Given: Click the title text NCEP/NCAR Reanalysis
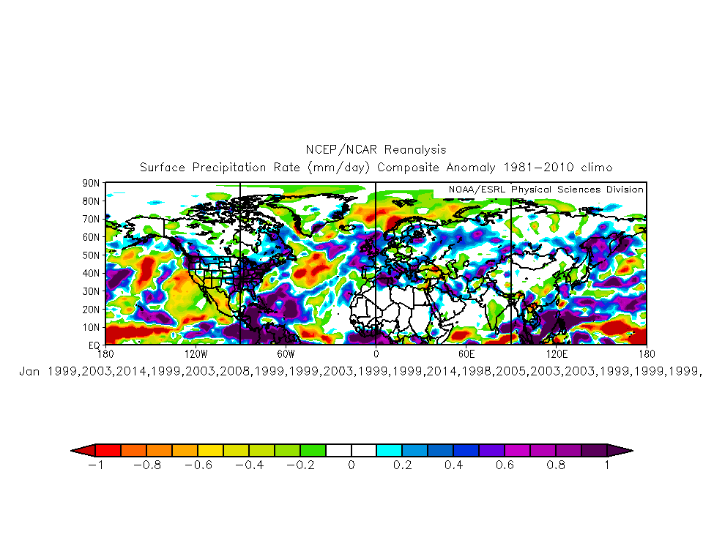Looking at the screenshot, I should tap(375, 150).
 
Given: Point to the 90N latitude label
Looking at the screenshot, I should tap(92, 183).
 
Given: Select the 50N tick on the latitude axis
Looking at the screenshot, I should tap(92, 255).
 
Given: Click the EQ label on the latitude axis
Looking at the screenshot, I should tap(94, 344).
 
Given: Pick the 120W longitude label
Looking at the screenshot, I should tap(196, 353).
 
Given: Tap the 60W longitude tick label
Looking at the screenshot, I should tap(286, 353).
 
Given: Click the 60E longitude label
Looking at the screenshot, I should tap(466, 353).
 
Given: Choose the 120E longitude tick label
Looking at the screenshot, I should tap(557, 353).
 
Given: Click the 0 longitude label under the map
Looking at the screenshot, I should tap(376, 353).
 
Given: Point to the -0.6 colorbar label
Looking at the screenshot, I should tap(198, 465).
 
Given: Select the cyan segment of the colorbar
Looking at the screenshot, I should tap(389, 450).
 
